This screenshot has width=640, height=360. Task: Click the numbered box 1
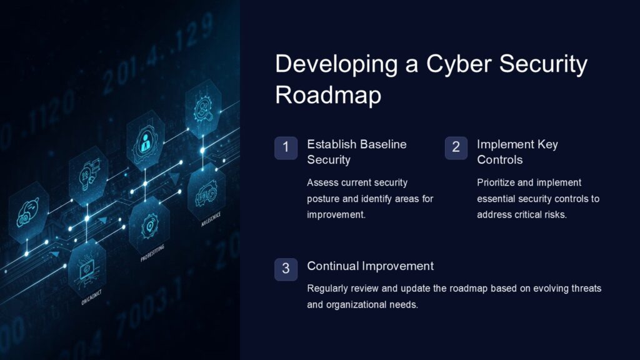click(x=286, y=148)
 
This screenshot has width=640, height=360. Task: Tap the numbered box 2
click(x=456, y=148)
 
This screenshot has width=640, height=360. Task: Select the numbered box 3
click(x=286, y=269)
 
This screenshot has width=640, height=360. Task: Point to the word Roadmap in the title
click(x=328, y=96)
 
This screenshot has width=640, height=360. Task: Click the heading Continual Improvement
click(x=370, y=266)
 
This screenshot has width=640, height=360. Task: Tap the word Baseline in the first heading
click(x=383, y=144)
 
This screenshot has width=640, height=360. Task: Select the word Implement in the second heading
click(x=504, y=144)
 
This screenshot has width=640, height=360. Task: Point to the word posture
click(x=324, y=199)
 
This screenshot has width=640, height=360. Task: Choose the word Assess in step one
click(x=322, y=182)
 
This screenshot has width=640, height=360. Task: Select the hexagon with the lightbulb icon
click(x=89, y=173)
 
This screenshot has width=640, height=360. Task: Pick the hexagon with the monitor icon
click(x=86, y=268)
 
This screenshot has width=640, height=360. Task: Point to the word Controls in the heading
click(x=499, y=160)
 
